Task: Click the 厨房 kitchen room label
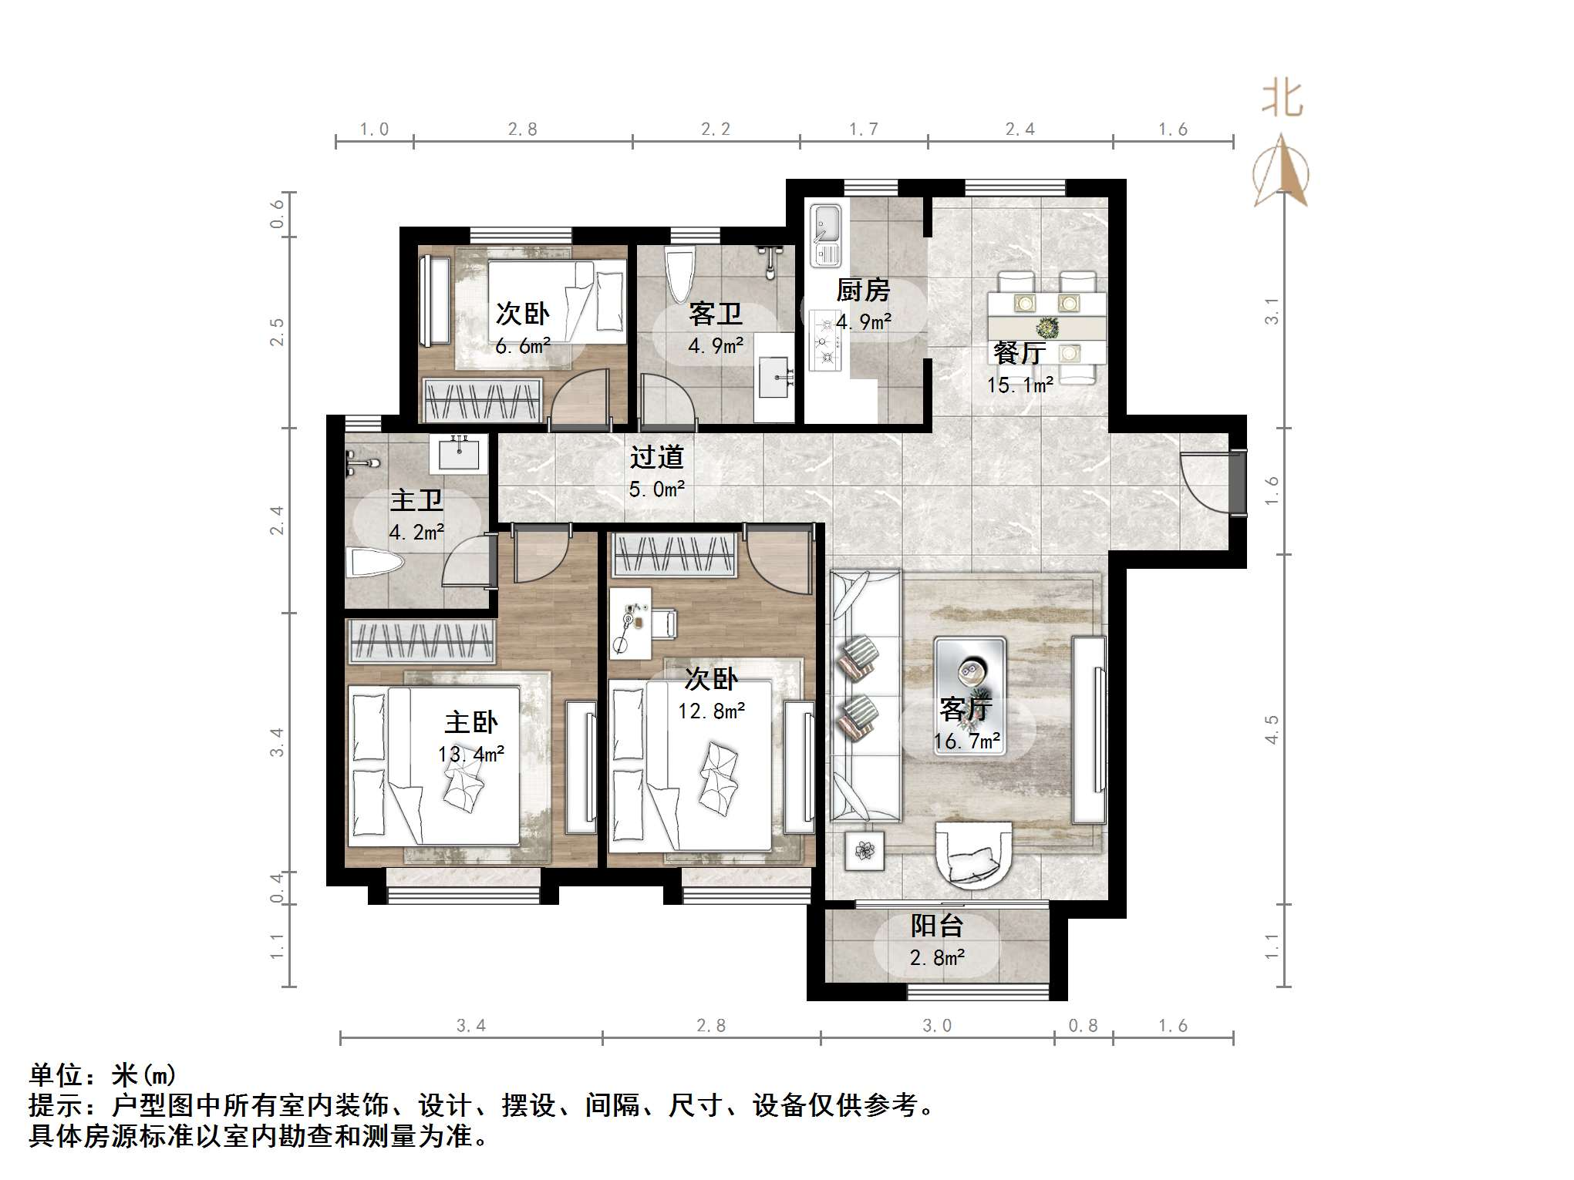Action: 863,291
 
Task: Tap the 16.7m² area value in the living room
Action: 967,742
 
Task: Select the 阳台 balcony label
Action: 937,926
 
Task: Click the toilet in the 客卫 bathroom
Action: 680,274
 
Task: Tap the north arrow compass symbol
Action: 1281,171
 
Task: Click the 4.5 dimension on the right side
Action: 1272,729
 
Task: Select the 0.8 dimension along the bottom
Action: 1083,1026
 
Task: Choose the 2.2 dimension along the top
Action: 716,129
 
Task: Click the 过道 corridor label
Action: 657,457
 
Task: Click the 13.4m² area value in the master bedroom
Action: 471,754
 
